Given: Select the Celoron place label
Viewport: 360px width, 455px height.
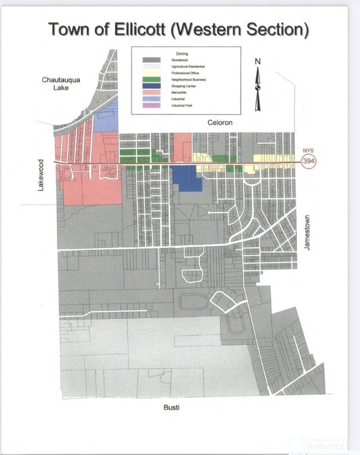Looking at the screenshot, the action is pyautogui.click(x=221, y=123).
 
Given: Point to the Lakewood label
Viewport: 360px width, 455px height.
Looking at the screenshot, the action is pyautogui.click(x=41, y=174).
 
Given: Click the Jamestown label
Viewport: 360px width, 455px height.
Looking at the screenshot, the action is pyautogui.click(x=307, y=232).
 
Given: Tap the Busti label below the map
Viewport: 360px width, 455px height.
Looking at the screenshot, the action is pyautogui.click(x=171, y=408).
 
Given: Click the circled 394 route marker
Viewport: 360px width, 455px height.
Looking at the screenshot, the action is pyautogui.click(x=308, y=162).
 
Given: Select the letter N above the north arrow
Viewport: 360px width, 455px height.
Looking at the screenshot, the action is pyautogui.click(x=258, y=61).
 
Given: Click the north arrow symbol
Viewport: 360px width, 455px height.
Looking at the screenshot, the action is pyautogui.click(x=258, y=89).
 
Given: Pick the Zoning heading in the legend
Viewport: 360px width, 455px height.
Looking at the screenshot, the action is pyautogui.click(x=182, y=54).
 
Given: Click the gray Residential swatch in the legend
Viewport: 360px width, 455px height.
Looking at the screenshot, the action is pyautogui.click(x=151, y=60).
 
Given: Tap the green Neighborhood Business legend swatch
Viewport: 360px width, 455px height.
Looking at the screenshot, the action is pyautogui.click(x=151, y=79).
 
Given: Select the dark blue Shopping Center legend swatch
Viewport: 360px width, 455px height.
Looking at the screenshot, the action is pyautogui.click(x=151, y=86).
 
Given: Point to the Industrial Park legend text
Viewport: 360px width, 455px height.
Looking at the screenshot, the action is pyautogui.click(x=181, y=105).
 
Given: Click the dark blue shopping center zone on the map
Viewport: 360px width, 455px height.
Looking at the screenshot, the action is pyautogui.click(x=187, y=178).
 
